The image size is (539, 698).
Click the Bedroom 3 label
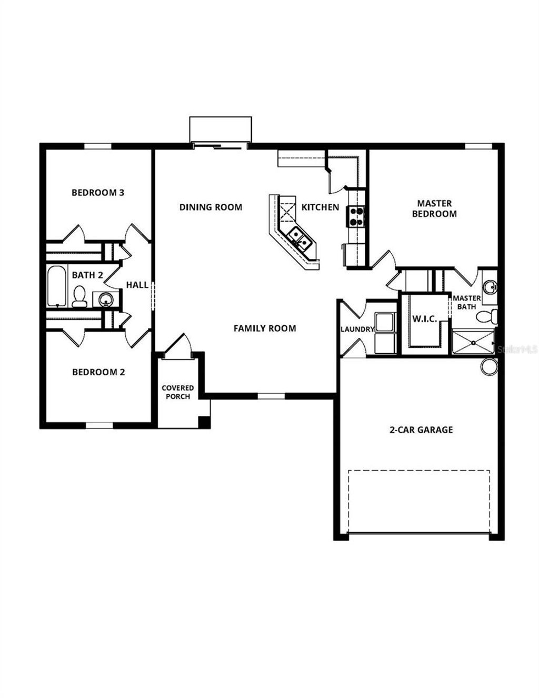tap(98, 193)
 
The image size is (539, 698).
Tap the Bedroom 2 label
tap(98, 372)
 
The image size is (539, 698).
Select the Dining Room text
tap(211, 207)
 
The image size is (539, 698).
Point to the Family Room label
tap(264, 328)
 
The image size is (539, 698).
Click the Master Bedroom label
tap(434, 208)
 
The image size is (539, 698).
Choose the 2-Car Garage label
tap(421, 430)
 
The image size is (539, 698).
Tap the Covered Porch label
tap(178, 392)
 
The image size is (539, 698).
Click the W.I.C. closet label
tap(424, 319)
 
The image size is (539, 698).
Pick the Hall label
tap(137, 285)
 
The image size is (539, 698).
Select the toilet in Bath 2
tap(79, 296)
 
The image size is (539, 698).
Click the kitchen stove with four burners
tap(356, 216)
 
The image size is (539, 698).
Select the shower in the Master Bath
tap(473, 342)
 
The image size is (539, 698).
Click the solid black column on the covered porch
tap(203, 422)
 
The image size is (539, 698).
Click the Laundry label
tap(357, 330)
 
